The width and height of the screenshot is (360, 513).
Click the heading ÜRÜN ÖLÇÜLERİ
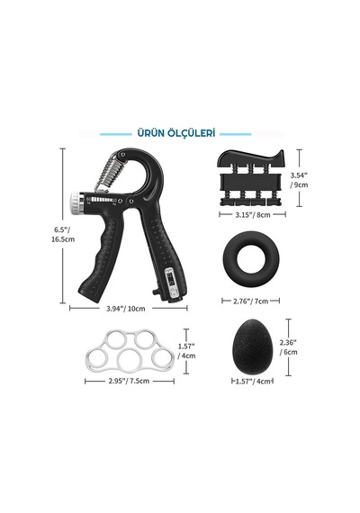[176, 133]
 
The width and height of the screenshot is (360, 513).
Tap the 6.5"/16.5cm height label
[63, 234]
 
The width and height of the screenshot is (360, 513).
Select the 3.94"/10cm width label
[126, 309]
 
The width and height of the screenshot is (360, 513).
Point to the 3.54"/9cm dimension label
[299, 180]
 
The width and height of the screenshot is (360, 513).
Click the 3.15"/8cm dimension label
[253, 215]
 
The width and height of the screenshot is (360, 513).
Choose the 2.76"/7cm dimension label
[251, 301]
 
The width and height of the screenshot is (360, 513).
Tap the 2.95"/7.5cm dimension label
[129, 382]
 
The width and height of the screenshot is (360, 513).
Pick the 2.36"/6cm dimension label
[288, 347]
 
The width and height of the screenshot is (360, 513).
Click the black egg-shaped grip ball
[252, 346]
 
